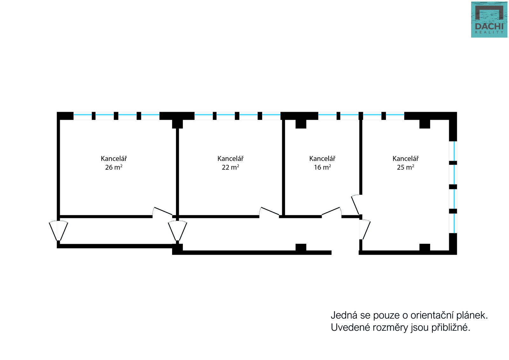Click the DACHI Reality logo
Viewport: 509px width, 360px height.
[489, 20]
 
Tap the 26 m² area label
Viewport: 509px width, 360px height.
[114, 167]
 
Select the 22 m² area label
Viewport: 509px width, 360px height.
[230, 167]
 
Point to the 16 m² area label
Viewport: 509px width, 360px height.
[322, 167]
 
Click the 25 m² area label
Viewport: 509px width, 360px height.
[405, 167]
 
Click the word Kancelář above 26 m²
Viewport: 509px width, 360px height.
[114, 159]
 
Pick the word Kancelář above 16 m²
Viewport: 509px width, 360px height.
[322, 159]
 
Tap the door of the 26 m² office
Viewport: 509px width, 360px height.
[163, 212]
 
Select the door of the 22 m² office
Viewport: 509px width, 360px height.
[269, 212]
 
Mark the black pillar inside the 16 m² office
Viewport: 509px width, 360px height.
[301, 124]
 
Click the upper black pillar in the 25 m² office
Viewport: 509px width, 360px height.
[424, 124]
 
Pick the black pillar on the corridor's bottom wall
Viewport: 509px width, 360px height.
[301, 247]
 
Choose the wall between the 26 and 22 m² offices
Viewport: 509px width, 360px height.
[178, 172]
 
